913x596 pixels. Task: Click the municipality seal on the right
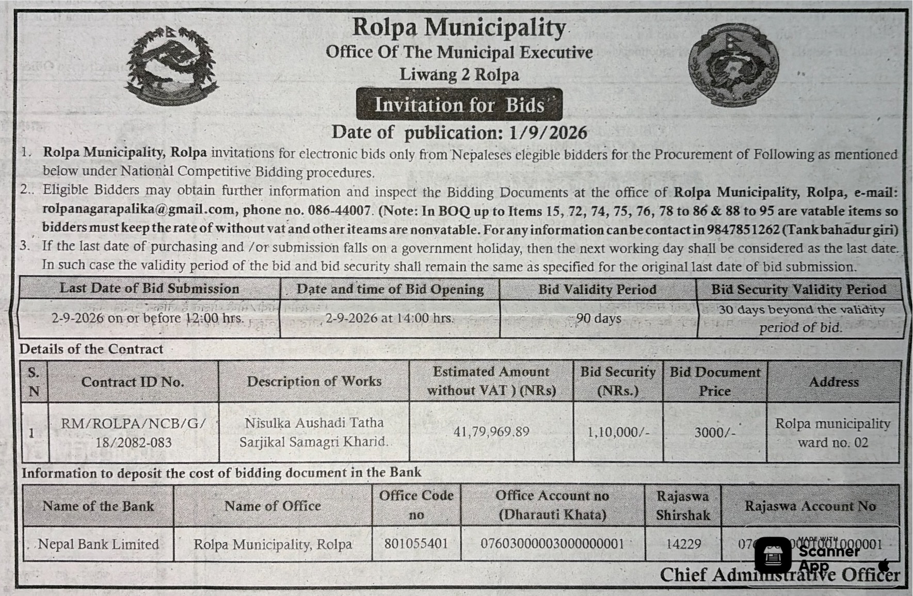(x=733, y=65)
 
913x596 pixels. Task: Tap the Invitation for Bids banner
(x=459, y=105)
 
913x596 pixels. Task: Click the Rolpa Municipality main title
(x=459, y=27)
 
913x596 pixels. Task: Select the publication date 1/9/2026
(x=548, y=133)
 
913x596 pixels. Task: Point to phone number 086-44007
(x=339, y=211)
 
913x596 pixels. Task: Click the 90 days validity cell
(x=598, y=318)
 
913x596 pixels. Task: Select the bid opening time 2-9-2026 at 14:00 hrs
(x=390, y=318)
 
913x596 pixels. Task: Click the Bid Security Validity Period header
(x=798, y=289)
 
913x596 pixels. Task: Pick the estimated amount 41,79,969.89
(x=491, y=431)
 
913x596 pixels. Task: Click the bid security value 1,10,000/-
(x=618, y=432)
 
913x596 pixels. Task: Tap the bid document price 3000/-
(x=714, y=432)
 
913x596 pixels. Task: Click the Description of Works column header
(x=314, y=381)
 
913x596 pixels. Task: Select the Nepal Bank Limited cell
(x=98, y=544)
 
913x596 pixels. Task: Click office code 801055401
(x=416, y=544)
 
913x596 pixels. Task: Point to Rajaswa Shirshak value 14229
(x=683, y=544)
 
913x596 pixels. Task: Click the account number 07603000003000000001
(x=552, y=544)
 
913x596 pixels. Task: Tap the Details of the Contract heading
(x=91, y=349)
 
